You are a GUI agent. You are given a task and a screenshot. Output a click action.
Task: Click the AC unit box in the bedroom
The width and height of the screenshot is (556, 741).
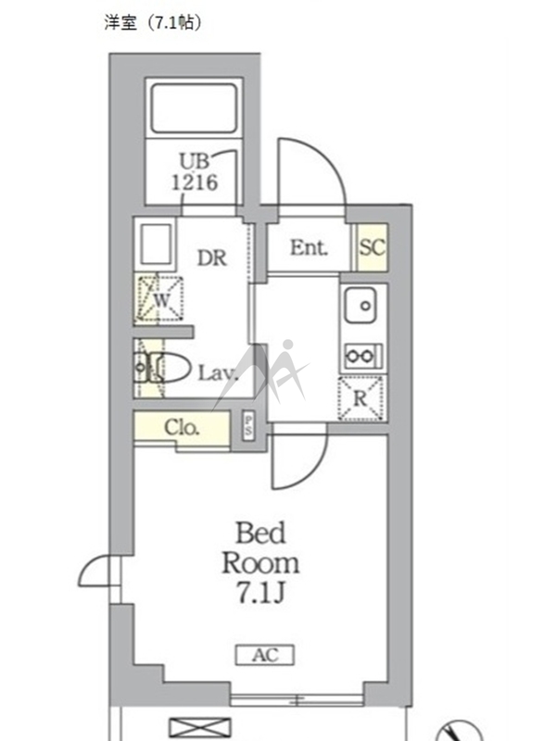[265, 655]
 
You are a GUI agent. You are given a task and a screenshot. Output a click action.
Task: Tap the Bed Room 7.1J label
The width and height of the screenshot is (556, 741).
[260, 562]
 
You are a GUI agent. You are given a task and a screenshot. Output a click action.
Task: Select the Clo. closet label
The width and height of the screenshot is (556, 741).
[182, 427]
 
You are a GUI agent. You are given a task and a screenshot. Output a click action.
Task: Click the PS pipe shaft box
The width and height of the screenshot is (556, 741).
[248, 426]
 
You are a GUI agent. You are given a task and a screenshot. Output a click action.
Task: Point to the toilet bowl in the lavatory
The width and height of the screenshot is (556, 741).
[171, 367]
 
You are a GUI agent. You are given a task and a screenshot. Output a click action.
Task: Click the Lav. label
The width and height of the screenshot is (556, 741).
[218, 373]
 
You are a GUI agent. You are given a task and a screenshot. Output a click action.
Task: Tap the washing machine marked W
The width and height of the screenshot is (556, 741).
[159, 299]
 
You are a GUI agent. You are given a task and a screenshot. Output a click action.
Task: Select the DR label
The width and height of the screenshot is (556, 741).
[212, 258]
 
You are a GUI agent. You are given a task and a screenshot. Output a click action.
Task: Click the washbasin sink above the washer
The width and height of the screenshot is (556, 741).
[156, 245]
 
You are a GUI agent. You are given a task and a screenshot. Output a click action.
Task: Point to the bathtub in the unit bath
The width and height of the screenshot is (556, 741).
[194, 108]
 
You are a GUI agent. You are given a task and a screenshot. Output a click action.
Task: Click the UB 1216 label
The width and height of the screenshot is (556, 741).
[195, 171]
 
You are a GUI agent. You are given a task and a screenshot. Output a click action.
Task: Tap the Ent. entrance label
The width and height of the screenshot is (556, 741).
[309, 247]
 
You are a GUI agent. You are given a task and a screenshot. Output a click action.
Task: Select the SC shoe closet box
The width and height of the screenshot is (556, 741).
[373, 247]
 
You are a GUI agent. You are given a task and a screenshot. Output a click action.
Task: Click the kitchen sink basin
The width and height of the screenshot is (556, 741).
[360, 305]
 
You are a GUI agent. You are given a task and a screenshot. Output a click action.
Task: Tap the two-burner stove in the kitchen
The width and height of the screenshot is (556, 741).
[362, 356]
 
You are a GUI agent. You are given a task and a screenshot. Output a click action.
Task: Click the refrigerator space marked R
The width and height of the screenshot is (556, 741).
[360, 398]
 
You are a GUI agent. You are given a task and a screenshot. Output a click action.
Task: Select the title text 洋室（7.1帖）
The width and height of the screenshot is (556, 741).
[153, 22]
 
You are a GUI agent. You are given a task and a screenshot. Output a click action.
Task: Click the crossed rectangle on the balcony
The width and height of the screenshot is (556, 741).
[200, 728]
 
